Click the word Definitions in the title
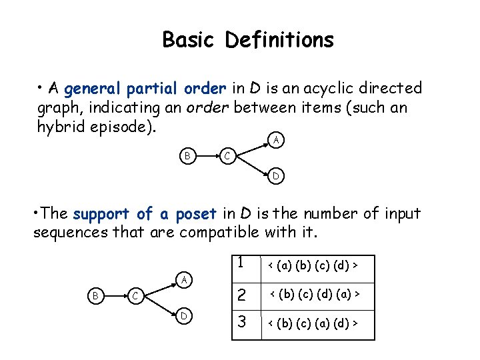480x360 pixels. [279, 40]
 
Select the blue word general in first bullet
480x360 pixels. [93, 89]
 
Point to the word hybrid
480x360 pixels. [59, 126]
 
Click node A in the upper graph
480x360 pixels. [275, 140]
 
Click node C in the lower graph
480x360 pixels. [135, 295]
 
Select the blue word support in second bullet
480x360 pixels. [102, 215]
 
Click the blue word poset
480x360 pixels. [196, 215]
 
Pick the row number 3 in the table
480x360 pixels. [241, 323]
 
